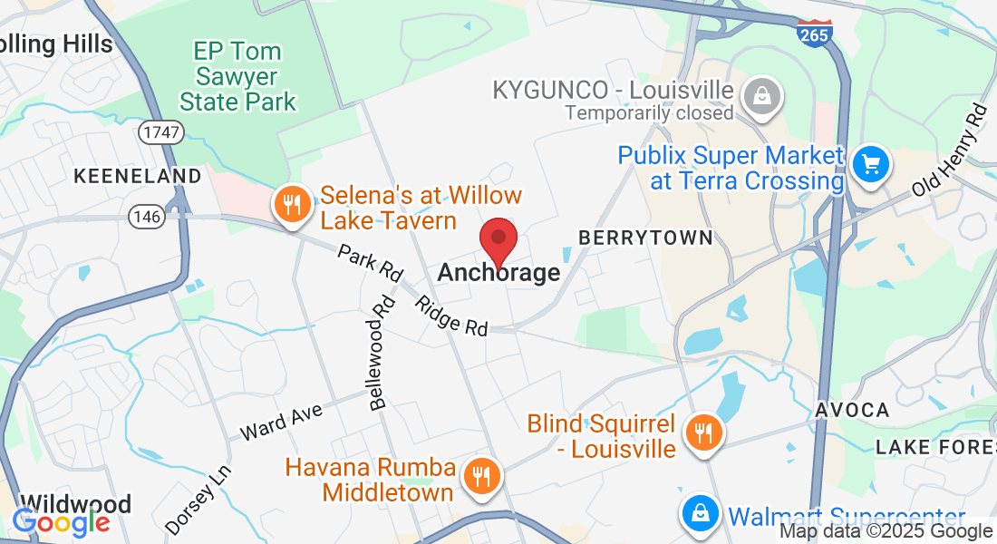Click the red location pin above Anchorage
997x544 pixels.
tap(498, 239)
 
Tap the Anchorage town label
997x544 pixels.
tap(498, 272)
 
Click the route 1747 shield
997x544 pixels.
tap(161, 132)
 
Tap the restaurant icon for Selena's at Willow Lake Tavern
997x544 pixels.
tap(291, 205)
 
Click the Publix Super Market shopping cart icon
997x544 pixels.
tap(872, 165)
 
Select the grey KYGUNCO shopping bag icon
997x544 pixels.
tap(762, 93)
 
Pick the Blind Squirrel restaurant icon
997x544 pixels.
tap(702, 430)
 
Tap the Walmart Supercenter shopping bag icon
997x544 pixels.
tap(701, 512)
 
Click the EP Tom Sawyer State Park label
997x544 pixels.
tap(238, 76)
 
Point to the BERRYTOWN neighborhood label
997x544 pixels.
tap(646, 238)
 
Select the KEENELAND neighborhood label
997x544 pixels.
tap(137, 175)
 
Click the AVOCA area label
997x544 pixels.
tap(852, 410)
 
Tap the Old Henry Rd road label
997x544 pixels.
tap(950, 150)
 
